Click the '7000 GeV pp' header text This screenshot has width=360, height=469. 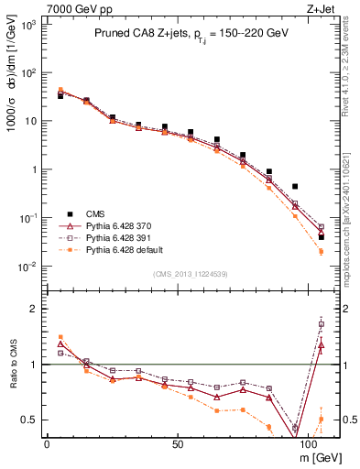tap(70, 7)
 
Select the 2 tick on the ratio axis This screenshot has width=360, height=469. tap(34, 310)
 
